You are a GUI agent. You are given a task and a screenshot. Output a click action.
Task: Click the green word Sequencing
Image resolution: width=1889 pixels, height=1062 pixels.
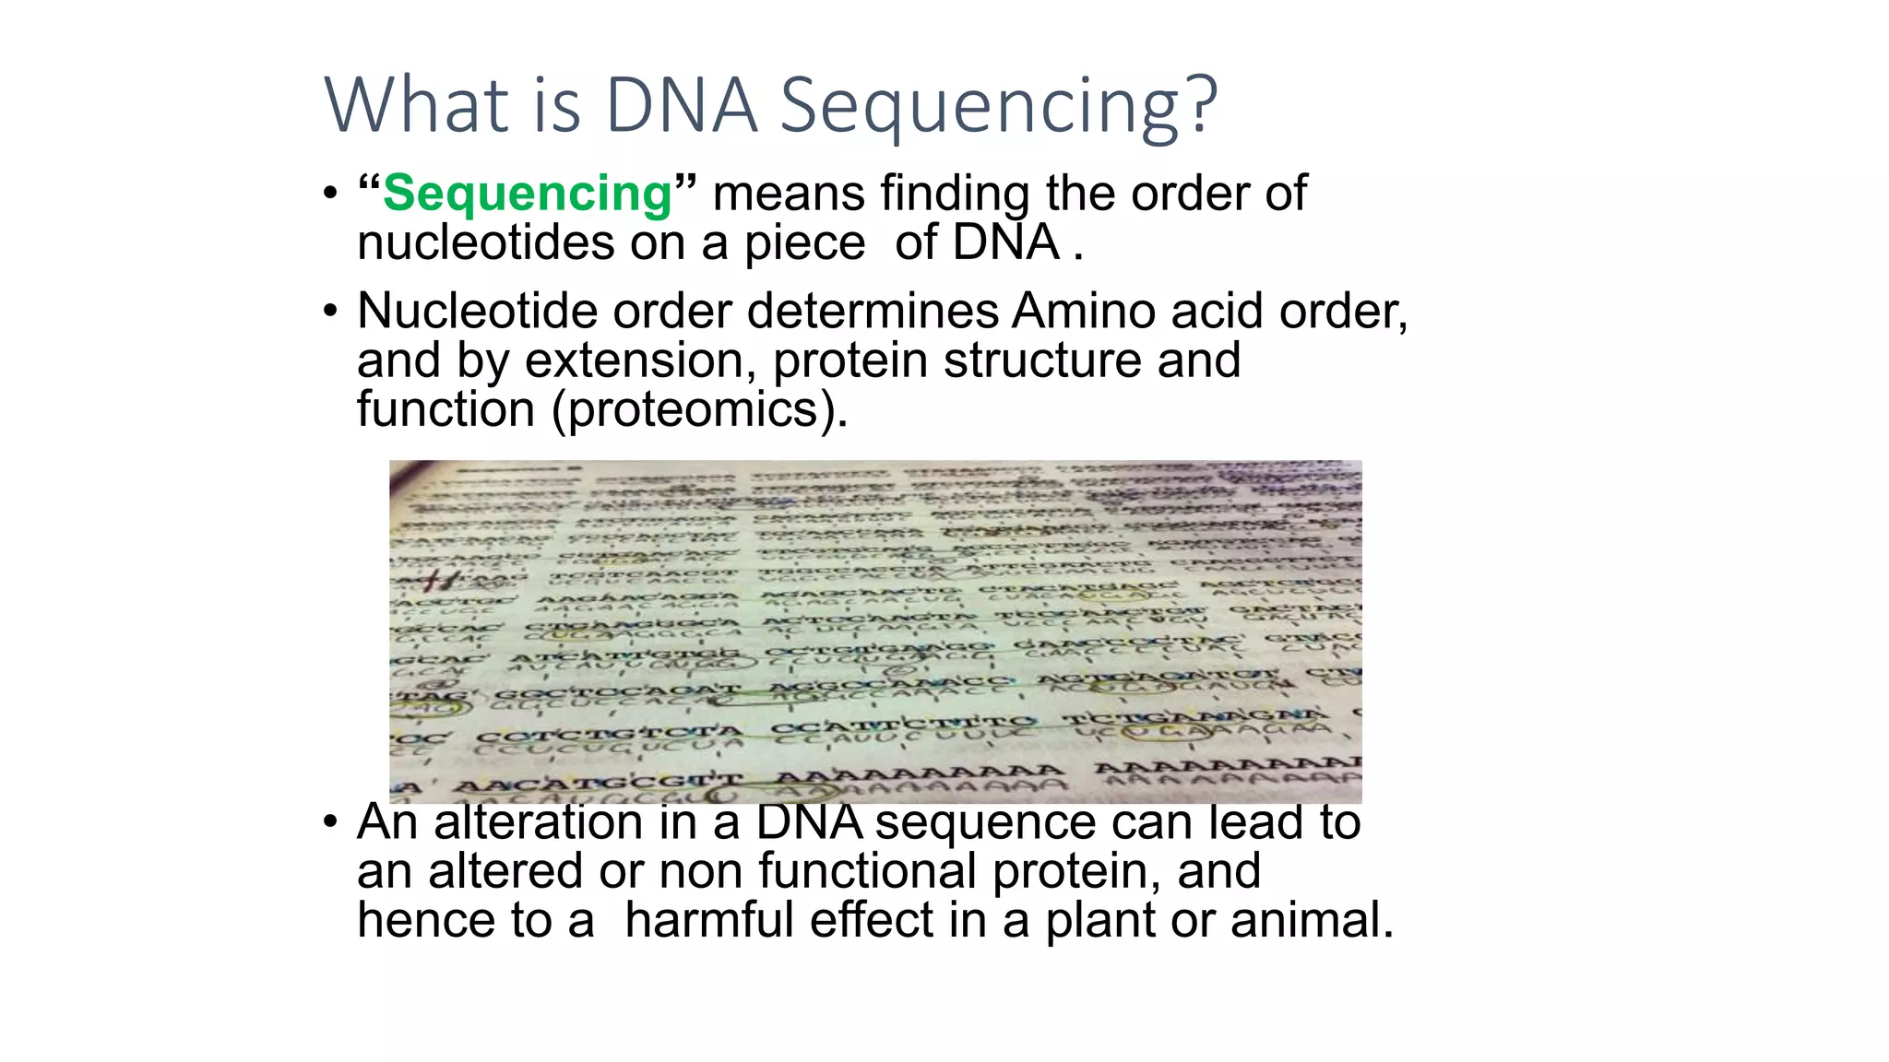pos(527,194)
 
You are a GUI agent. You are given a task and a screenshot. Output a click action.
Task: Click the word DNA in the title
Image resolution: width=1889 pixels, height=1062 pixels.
pos(681,104)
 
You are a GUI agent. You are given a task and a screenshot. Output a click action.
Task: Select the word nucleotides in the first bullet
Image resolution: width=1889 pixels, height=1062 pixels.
pos(485,243)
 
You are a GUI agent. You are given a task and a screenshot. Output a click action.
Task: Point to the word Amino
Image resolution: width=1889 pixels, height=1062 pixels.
pos(1084,311)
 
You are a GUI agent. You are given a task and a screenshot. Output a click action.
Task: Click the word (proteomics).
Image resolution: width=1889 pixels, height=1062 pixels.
pos(698,409)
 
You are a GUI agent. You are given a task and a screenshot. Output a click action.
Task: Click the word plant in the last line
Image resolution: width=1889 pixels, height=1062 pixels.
pos(1099,920)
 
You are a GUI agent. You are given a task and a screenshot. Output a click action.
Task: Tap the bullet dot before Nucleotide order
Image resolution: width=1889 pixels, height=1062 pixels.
pos(330,312)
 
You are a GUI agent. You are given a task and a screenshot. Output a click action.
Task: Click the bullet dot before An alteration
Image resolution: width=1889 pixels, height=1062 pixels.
pos(330,822)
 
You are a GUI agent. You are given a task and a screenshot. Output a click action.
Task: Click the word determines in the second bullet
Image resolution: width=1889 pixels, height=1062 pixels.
pos(873,311)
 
